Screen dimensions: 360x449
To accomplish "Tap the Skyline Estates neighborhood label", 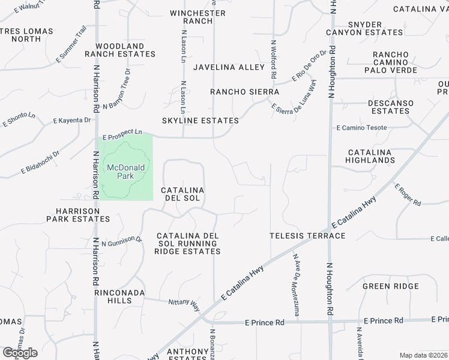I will [200, 121].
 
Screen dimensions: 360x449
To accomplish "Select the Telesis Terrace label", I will [307, 236].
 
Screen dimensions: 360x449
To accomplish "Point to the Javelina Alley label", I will [229, 67].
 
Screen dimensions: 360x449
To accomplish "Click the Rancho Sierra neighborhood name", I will [244, 92].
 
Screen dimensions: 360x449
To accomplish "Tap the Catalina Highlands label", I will [370, 157].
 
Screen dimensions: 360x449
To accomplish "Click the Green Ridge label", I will [390, 286].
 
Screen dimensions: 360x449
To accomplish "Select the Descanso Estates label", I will [390, 107].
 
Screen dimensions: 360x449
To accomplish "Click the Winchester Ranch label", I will [198, 17].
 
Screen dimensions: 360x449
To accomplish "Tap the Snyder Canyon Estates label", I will [364, 28].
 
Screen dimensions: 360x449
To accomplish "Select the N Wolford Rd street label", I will [274, 60].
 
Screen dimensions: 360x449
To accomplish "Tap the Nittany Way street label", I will [184, 305].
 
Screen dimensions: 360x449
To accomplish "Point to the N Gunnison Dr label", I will [122, 241].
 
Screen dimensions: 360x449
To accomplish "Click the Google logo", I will [20, 353].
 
